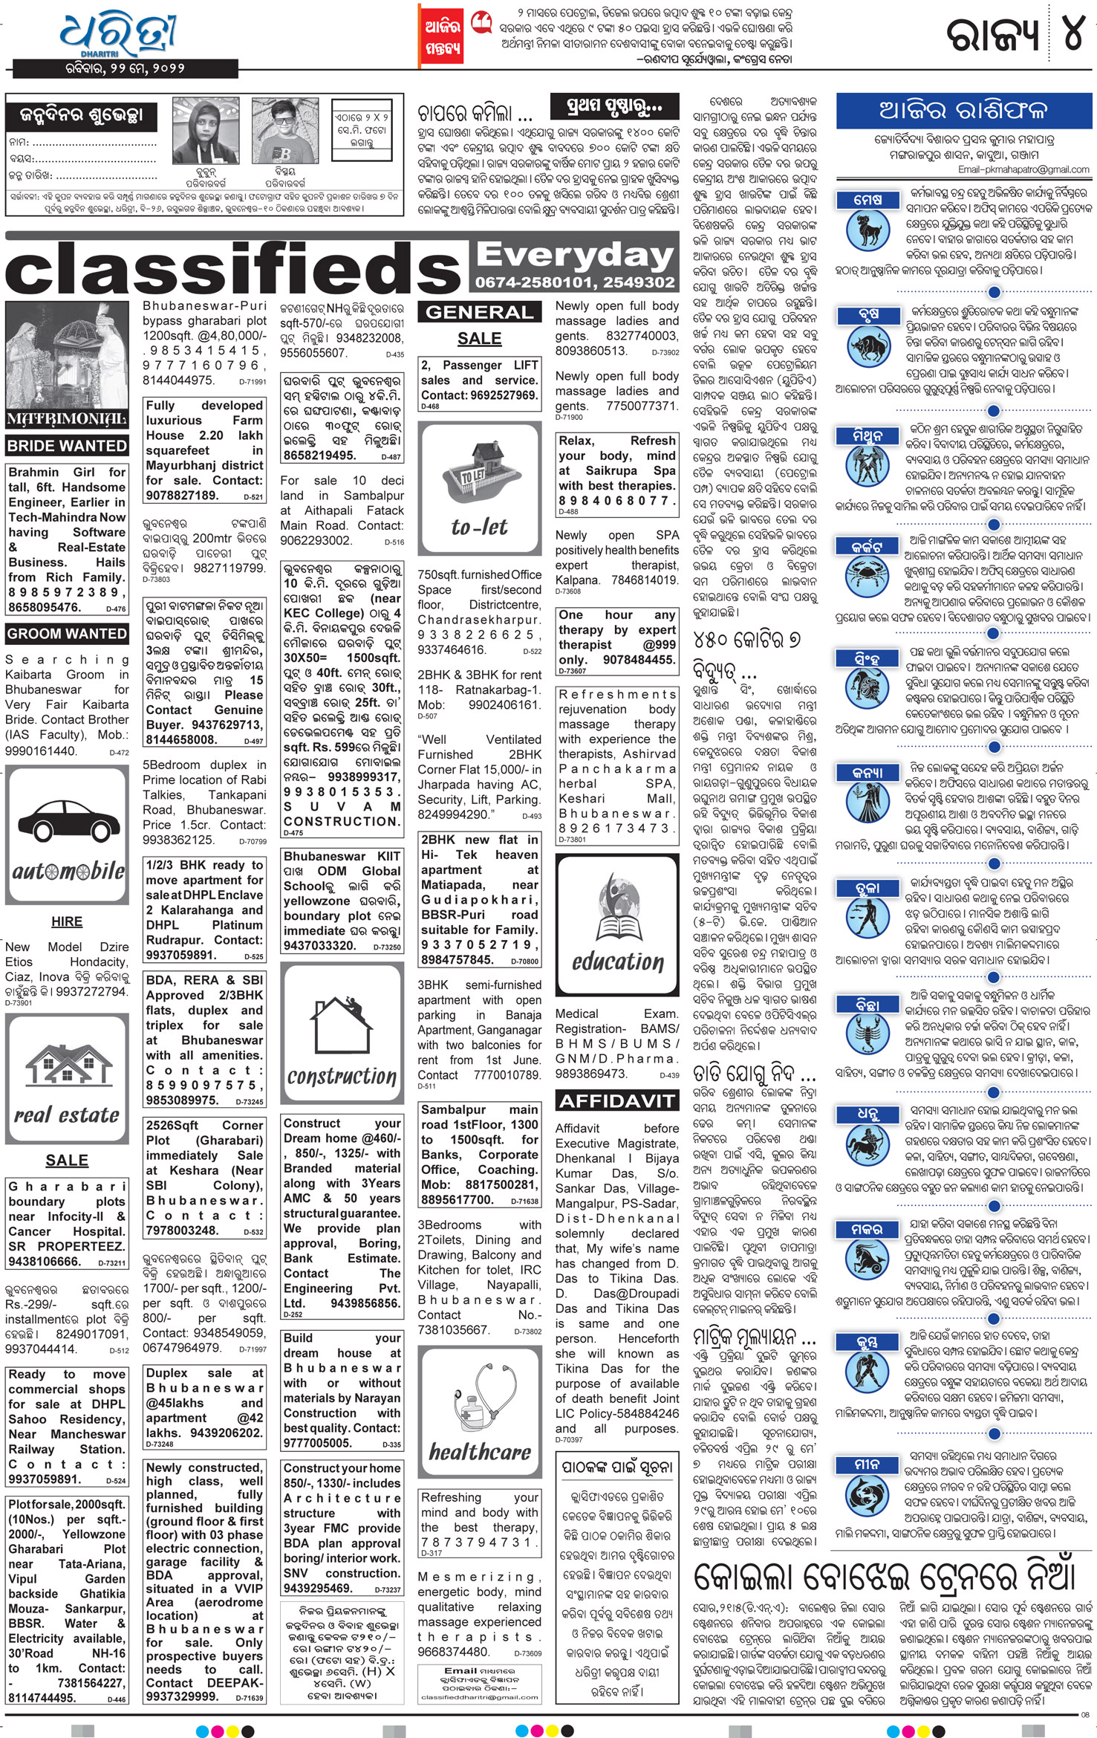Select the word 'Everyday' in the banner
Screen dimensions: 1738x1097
(575, 255)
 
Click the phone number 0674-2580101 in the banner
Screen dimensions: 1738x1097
(530, 282)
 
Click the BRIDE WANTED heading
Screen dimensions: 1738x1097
(67, 446)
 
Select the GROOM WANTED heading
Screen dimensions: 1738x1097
(67, 634)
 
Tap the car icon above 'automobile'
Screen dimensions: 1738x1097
(67, 817)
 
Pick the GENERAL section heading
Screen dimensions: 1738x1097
(480, 312)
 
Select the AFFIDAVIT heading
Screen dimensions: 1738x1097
(617, 1100)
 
